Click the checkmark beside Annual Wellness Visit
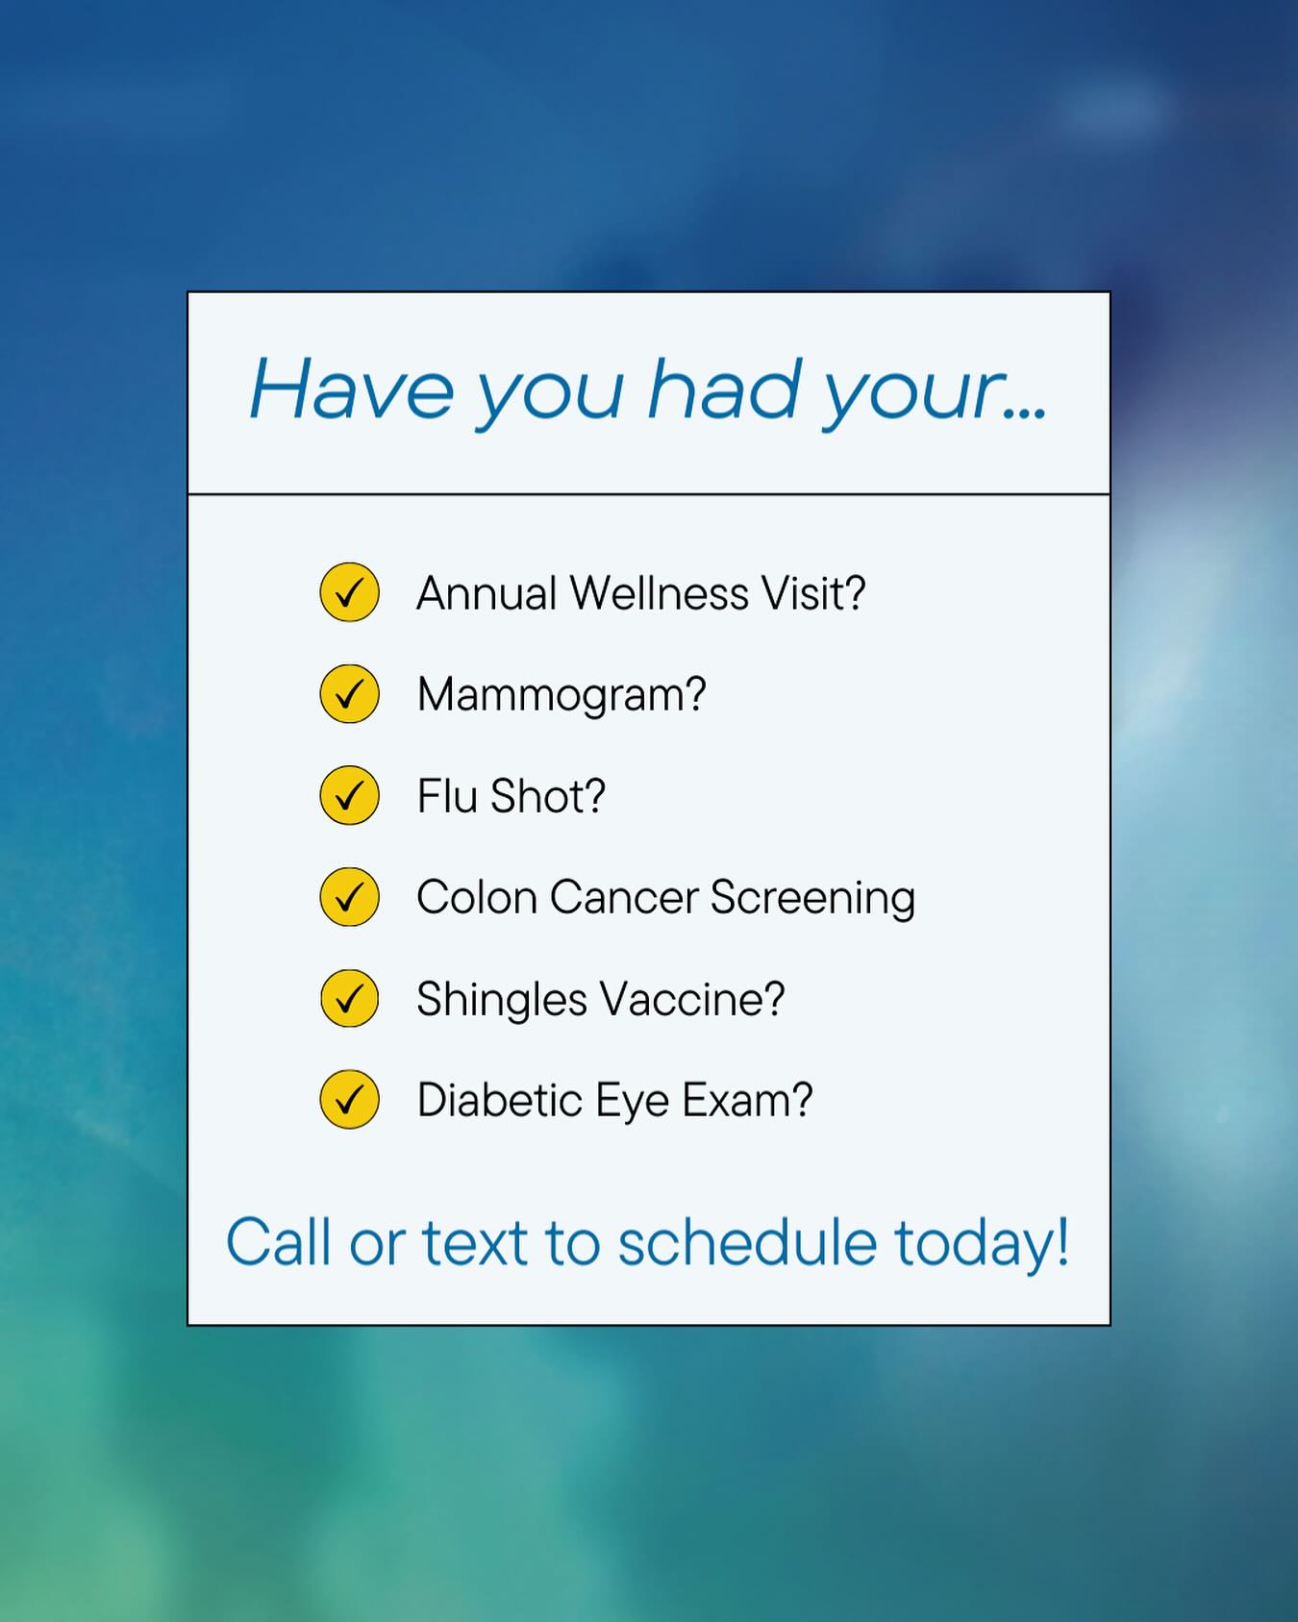click(x=349, y=592)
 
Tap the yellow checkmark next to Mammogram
click(x=349, y=693)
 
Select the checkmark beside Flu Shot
click(x=349, y=795)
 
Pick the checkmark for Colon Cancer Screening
click(x=349, y=897)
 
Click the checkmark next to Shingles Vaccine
click(x=349, y=998)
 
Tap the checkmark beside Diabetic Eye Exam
click(x=349, y=1099)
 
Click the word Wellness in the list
click(x=660, y=593)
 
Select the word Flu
click(x=447, y=796)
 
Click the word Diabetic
click(x=500, y=1100)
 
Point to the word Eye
click(x=632, y=1103)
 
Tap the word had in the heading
click(x=725, y=387)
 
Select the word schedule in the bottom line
click(x=747, y=1242)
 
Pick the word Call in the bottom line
click(x=279, y=1242)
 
